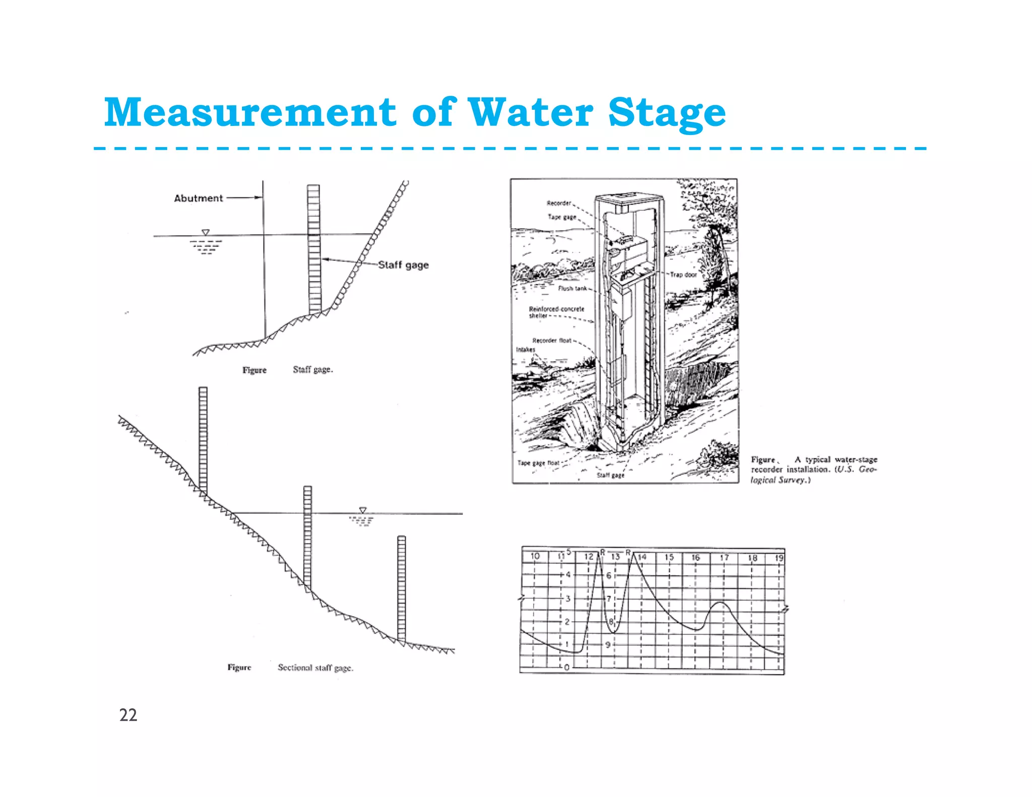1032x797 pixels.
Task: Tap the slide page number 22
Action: pyautogui.click(x=128, y=715)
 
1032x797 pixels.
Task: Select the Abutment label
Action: pyautogui.click(x=198, y=198)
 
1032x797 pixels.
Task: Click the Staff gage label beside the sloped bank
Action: pyautogui.click(x=403, y=265)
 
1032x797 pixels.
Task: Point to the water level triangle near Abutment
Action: pyautogui.click(x=206, y=232)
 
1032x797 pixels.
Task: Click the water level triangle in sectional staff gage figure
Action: pyautogui.click(x=362, y=510)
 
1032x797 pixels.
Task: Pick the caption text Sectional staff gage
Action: pyautogui.click(x=315, y=668)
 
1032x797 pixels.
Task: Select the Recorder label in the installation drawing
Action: pyautogui.click(x=558, y=203)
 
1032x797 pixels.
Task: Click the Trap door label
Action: pyautogui.click(x=683, y=275)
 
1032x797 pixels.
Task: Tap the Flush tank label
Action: pyautogui.click(x=572, y=288)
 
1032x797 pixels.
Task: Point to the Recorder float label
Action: pyautogui.click(x=552, y=340)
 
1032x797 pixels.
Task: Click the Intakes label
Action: pyautogui.click(x=525, y=349)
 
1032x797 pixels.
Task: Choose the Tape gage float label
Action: pyautogui.click(x=538, y=462)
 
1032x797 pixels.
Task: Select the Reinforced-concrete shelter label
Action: pyautogui.click(x=556, y=312)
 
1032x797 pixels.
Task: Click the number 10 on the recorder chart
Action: pyautogui.click(x=535, y=556)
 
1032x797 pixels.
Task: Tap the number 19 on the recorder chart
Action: pyautogui.click(x=779, y=558)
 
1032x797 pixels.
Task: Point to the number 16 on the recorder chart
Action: pyautogui.click(x=695, y=557)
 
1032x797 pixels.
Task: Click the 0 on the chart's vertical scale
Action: pyautogui.click(x=567, y=667)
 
